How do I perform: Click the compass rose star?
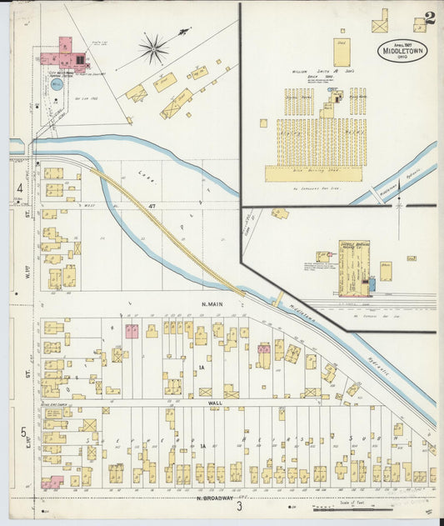(153, 49)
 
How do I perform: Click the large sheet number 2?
(428, 18)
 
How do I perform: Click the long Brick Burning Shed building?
(313, 173)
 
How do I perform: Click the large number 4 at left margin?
(19, 188)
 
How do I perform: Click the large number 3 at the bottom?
(238, 506)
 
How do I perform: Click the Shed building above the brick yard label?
(342, 52)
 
